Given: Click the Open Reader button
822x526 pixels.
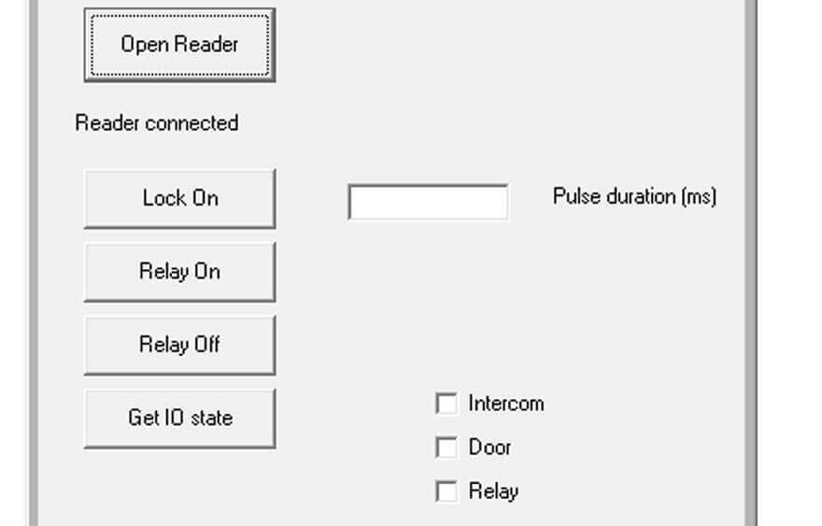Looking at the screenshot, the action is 179,45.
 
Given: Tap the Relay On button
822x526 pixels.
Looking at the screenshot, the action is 179,272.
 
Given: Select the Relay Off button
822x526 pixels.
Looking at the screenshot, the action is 179,345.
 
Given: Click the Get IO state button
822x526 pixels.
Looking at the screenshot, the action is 179,419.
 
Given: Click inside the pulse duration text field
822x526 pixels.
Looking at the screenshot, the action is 429,202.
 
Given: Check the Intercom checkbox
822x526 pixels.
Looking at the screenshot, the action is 446,404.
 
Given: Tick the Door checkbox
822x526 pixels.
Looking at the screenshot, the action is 446,448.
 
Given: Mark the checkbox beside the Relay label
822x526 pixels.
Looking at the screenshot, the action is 446,492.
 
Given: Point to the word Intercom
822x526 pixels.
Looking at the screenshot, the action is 506,404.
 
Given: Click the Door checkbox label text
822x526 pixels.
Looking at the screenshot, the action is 489,448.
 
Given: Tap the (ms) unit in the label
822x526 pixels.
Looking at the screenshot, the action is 699,197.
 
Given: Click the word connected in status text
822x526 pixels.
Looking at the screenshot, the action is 191,123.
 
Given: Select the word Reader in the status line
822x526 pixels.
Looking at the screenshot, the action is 107,123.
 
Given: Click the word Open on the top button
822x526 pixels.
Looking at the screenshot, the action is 145,45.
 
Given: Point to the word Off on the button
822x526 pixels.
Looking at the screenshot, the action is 207,345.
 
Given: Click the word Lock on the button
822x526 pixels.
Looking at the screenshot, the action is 164,198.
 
